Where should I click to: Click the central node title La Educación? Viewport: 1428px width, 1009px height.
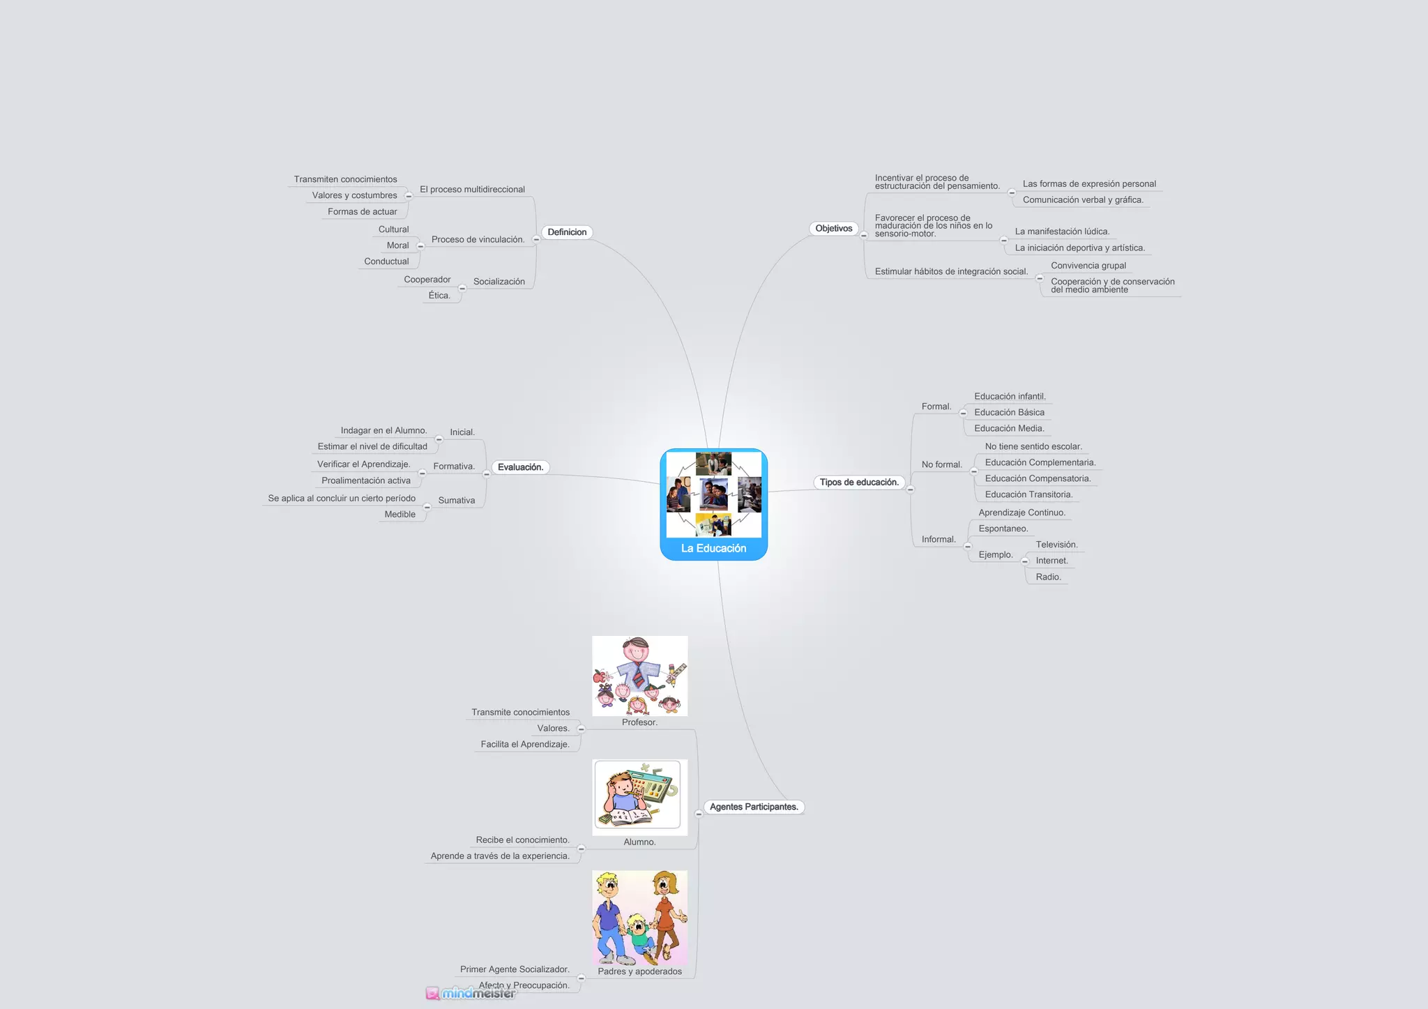pyautogui.click(x=713, y=548)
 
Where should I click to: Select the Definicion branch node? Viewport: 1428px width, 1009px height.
pyautogui.click(x=567, y=232)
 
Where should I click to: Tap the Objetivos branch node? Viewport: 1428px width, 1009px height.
pyautogui.click(x=833, y=229)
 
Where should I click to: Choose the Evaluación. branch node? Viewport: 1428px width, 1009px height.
pyautogui.click(x=520, y=467)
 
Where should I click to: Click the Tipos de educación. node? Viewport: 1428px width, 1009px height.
pyautogui.click(x=859, y=483)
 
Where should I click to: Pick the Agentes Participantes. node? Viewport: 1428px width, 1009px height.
pyautogui.click(x=753, y=807)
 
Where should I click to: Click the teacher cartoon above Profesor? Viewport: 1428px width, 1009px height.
pyautogui.click(x=639, y=676)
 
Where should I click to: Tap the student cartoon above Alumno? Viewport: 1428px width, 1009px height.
pyautogui.click(x=639, y=796)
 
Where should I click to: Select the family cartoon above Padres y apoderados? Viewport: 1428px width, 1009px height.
pyautogui.click(x=639, y=918)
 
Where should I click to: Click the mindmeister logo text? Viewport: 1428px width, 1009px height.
pyautogui.click(x=478, y=993)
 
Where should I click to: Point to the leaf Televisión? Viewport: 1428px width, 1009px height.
pyautogui.click(x=1056, y=545)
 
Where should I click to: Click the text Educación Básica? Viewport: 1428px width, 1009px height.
pyautogui.click(x=1009, y=413)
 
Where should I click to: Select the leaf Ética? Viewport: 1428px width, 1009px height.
pyautogui.click(x=439, y=296)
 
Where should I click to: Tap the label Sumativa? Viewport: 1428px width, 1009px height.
pyautogui.click(x=456, y=501)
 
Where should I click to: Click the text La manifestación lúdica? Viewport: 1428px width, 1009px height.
pyautogui.click(x=1062, y=232)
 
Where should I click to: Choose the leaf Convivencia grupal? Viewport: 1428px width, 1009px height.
pyautogui.click(x=1088, y=266)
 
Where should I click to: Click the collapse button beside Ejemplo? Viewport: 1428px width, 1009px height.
pyautogui.click(x=1024, y=561)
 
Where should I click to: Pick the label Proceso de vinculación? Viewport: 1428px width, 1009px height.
pyautogui.click(x=478, y=240)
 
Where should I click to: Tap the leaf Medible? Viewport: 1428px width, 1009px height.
pyautogui.click(x=400, y=515)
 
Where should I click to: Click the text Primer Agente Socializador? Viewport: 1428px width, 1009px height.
pyautogui.click(x=515, y=969)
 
